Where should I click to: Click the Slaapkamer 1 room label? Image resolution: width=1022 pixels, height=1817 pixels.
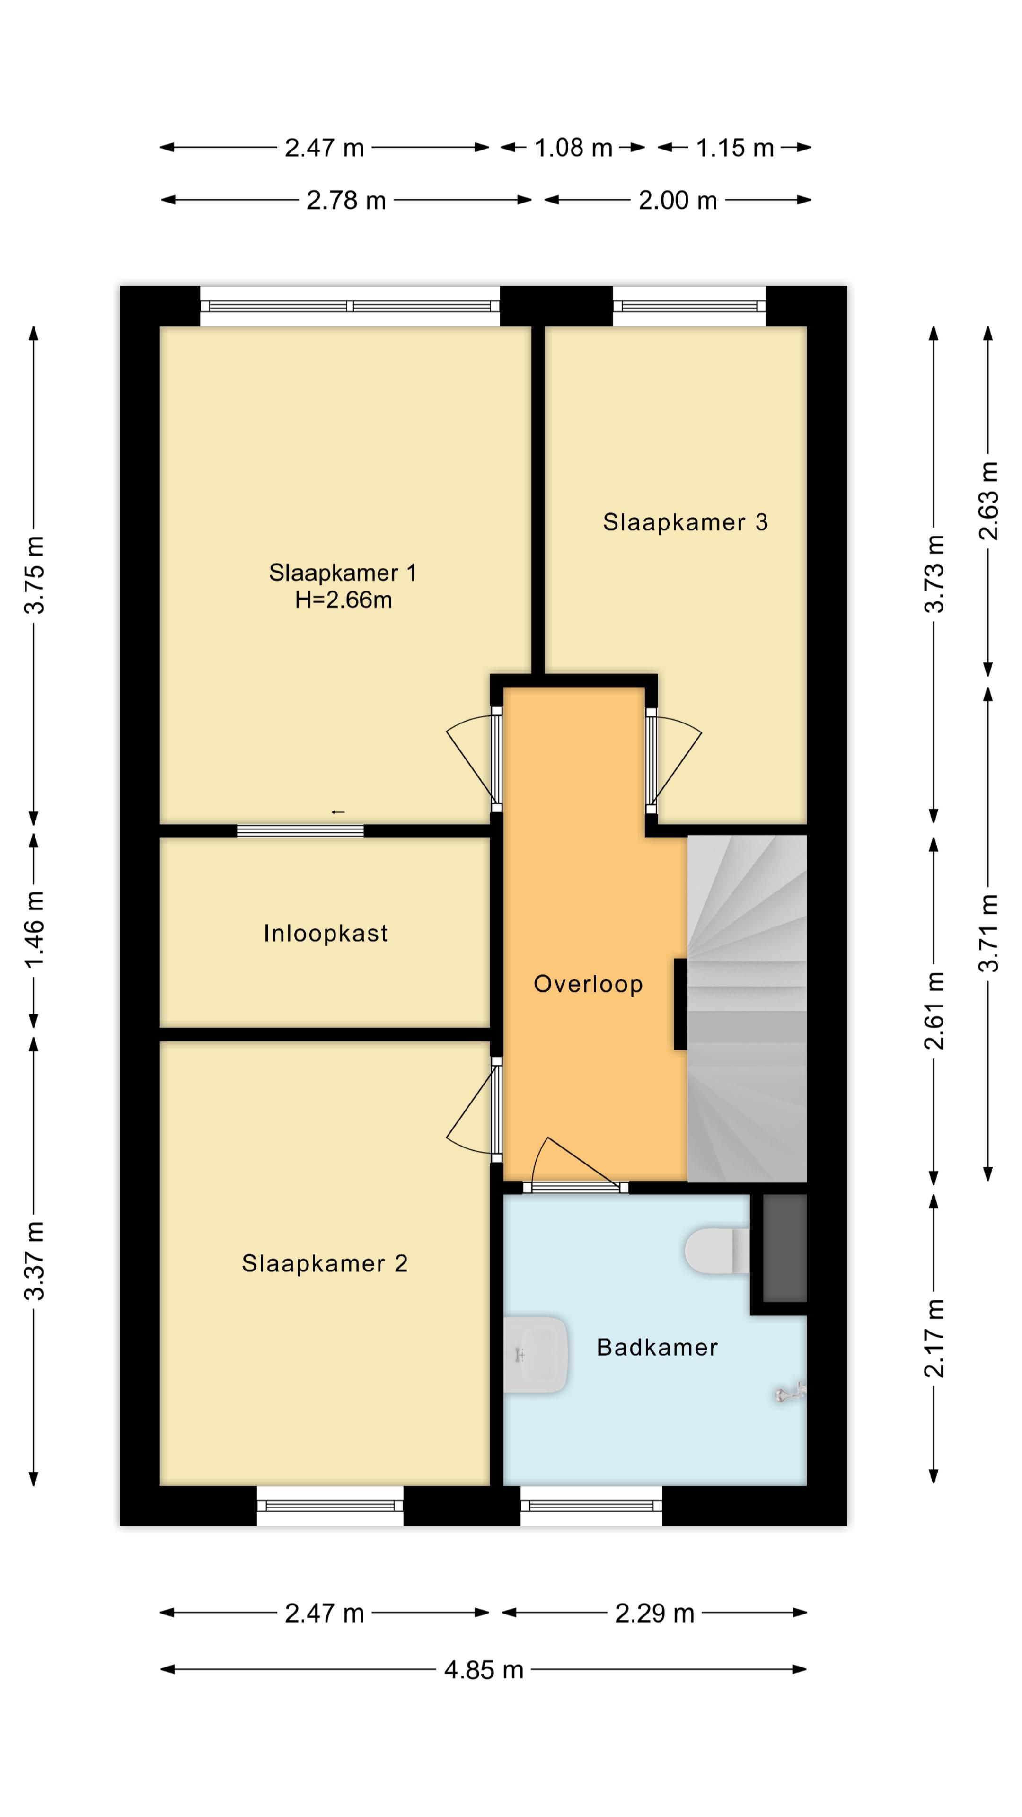click(342, 572)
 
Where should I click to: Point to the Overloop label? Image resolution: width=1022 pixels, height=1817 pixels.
click(588, 984)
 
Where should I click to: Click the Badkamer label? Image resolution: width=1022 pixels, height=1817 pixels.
click(657, 1347)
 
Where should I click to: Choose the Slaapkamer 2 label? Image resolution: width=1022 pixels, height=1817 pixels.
click(325, 1263)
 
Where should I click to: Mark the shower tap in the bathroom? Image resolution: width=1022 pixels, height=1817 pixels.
click(790, 1392)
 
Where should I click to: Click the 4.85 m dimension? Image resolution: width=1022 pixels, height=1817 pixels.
click(484, 1669)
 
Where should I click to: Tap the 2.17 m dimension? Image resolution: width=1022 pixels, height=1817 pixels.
click(934, 1338)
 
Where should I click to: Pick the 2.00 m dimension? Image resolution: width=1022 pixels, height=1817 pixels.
click(678, 200)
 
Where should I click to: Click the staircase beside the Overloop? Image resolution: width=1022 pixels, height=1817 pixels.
click(747, 1009)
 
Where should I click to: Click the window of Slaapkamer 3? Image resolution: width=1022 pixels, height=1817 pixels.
click(689, 306)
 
